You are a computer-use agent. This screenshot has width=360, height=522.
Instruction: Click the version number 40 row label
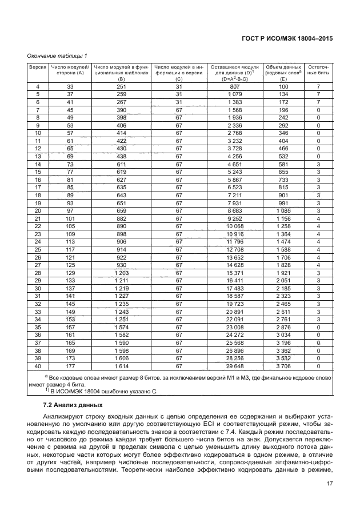[x=37, y=366]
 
